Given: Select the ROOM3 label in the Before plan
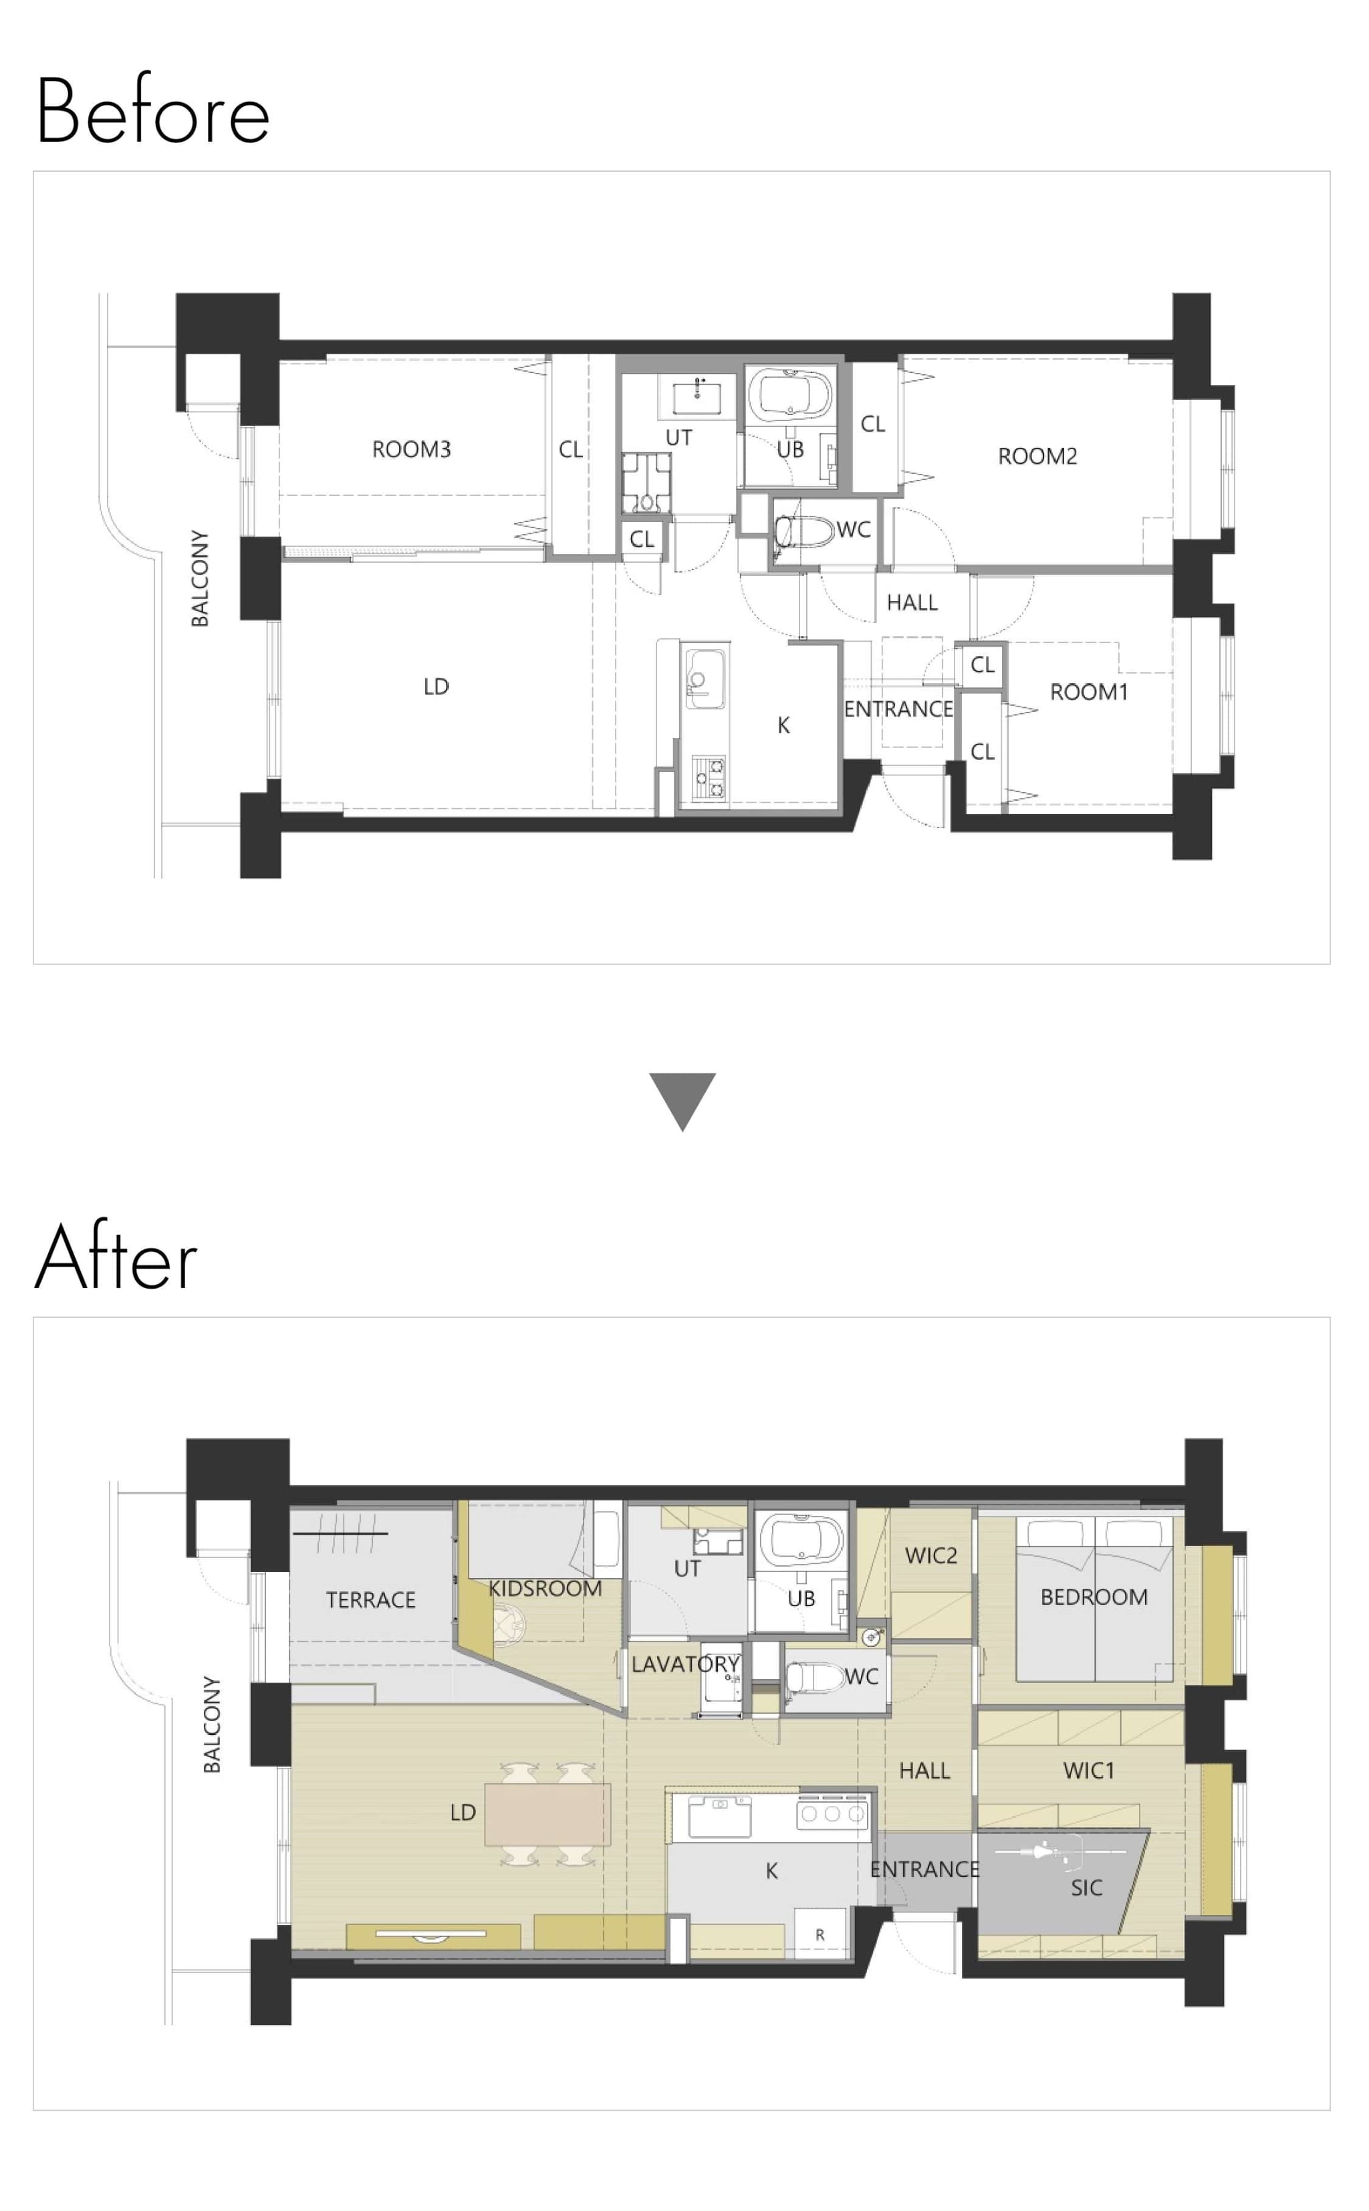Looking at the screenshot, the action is click(411, 449).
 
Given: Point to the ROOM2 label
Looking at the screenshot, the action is click(1037, 456).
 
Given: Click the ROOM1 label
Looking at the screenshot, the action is click(1089, 692).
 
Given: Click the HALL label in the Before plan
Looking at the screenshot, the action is click(912, 603).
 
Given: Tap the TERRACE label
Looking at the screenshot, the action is click(371, 1600).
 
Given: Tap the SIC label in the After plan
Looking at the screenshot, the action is click(1086, 1888).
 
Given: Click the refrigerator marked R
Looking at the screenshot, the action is click(820, 1934).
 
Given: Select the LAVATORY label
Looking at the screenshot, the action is click(685, 1664).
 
